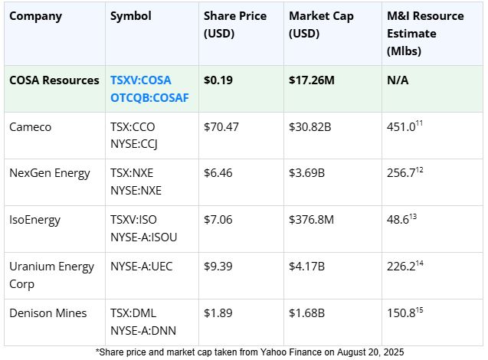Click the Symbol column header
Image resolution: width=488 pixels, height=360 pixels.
(x=130, y=16)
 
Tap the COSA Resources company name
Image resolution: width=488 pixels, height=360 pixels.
(x=54, y=80)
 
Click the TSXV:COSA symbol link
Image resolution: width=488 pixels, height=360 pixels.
(x=140, y=80)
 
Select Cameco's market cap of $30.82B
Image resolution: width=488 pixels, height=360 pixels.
(x=310, y=127)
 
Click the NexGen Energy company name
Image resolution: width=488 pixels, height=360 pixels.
(x=50, y=173)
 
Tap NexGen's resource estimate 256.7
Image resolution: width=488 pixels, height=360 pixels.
(x=403, y=174)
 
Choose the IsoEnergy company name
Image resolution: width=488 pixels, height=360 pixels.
(x=34, y=220)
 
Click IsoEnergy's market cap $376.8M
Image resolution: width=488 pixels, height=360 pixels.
(x=313, y=220)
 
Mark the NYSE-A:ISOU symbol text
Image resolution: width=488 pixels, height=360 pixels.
(x=143, y=237)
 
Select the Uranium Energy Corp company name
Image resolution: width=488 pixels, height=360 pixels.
(x=51, y=274)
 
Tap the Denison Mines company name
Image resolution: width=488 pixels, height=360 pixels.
(x=47, y=313)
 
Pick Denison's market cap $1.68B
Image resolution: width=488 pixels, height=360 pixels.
(x=307, y=313)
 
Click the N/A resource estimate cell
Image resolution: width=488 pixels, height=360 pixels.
(x=398, y=80)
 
